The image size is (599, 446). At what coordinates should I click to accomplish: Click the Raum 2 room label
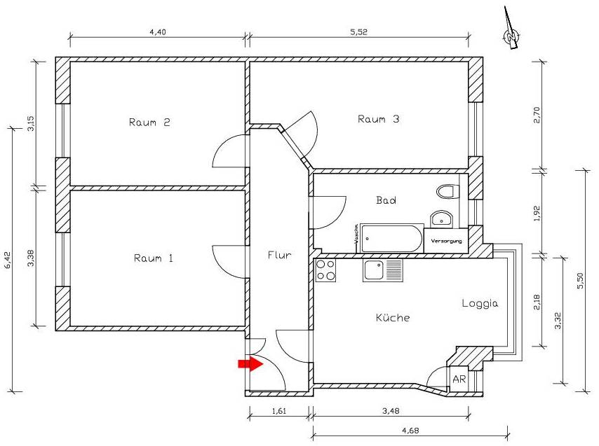coord(150,123)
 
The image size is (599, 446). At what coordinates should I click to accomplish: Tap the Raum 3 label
coord(378,119)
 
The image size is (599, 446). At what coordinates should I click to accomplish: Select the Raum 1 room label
coord(154,258)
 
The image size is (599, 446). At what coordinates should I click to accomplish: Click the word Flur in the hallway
coord(279,255)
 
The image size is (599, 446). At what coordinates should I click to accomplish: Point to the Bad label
coord(386,200)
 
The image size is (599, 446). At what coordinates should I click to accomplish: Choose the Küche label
coord(393,317)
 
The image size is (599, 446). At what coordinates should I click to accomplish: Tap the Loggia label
coord(480,304)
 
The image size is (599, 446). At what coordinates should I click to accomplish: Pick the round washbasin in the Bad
coord(440,218)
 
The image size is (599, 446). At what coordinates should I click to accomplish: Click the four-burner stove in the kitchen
coord(325,270)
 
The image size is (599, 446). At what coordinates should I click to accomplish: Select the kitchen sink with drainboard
coord(382,270)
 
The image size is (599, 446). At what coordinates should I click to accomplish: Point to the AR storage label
coord(459,379)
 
